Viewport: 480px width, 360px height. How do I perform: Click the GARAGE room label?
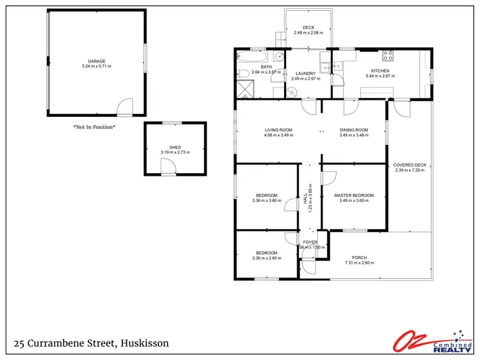point(97,61)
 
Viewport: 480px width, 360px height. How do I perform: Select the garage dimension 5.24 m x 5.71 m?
point(97,66)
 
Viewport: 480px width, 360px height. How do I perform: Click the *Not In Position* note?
point(94,127)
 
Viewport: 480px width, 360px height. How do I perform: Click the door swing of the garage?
point(125,106)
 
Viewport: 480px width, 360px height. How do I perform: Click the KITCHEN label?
point(380,71)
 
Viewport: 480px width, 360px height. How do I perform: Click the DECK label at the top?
point(308,27)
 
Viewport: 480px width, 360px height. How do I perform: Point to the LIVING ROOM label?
point(278,130)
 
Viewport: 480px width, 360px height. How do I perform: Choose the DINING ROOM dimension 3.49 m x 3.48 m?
point(353,136)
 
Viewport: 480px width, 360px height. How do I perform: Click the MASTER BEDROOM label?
point(353,195)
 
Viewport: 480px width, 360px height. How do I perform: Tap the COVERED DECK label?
point(410,165)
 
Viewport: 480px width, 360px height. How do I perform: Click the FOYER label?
point(310,242)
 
